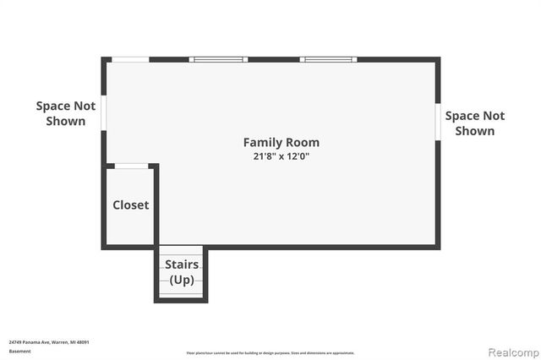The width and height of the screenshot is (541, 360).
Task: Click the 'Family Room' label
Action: pos(281,142)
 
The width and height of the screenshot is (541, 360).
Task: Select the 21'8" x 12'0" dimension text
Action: pos(281,156)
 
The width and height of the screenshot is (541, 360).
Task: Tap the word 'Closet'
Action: pos(131,205)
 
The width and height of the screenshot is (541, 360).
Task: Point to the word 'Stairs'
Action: pos(182,265)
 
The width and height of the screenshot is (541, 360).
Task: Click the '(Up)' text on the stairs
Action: pos(182,279)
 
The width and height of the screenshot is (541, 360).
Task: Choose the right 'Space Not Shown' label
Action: pos(474,123)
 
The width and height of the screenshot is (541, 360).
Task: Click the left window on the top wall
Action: pos(217,59)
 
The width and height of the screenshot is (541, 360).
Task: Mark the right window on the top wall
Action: pos(329,59)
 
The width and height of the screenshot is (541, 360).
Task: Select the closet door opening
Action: pos(133,166)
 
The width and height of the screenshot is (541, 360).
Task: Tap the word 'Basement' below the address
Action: pos(19,351)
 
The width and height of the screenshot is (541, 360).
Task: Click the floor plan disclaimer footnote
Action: pos(270,352)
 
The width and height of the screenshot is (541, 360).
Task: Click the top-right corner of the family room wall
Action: pos(437,59)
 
